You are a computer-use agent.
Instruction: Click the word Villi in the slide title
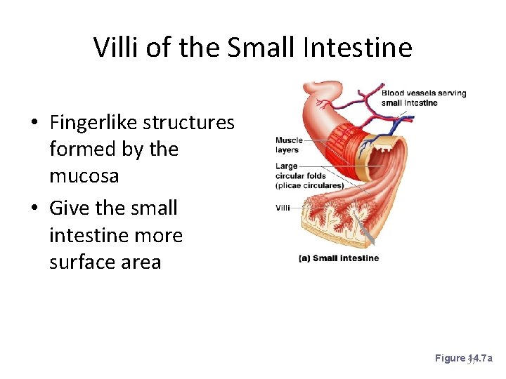(115, 47)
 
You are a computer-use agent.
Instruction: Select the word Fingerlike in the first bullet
(93, 122)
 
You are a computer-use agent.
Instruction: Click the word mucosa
(84, 176)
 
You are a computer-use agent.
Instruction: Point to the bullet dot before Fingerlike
(34, 124)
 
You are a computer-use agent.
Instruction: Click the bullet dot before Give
(34, 209)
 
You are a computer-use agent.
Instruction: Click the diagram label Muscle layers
(288, 145)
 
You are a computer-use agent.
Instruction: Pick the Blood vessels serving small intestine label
(423, 98)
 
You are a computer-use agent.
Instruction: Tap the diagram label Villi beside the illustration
(283, 208)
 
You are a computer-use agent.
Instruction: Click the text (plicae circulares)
(309, 185)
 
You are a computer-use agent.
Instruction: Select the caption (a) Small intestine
(339, 258)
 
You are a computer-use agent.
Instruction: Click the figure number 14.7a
(480, 359)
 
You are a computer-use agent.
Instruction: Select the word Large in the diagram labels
(287, 166)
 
